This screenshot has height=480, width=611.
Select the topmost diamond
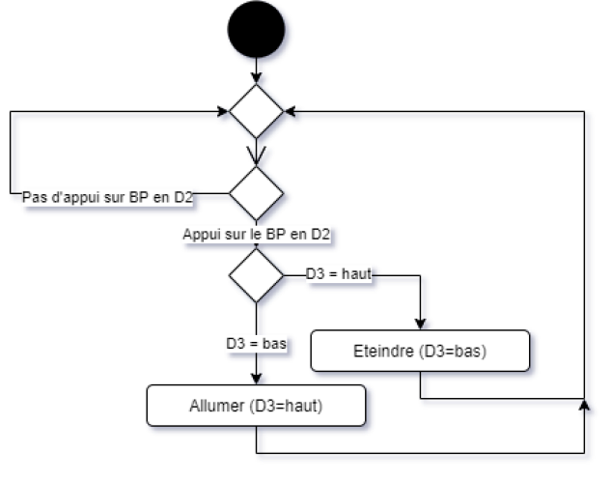[x=257, y=112]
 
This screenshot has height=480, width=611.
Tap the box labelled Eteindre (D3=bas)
[x=420, y=352]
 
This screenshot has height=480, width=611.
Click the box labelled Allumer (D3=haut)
[x=256, y=407]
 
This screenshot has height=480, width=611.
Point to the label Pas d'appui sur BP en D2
[x=107, y=197]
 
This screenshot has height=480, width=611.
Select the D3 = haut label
[x=339, y=275]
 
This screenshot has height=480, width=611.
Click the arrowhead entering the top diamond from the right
[x=293, y=115]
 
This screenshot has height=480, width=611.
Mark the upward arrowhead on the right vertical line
[x=585, y=403]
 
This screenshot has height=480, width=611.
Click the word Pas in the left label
[x=34, y=197]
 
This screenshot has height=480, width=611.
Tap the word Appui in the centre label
[x=201, y=234]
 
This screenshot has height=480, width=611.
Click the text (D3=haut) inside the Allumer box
[x=286, y=407]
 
